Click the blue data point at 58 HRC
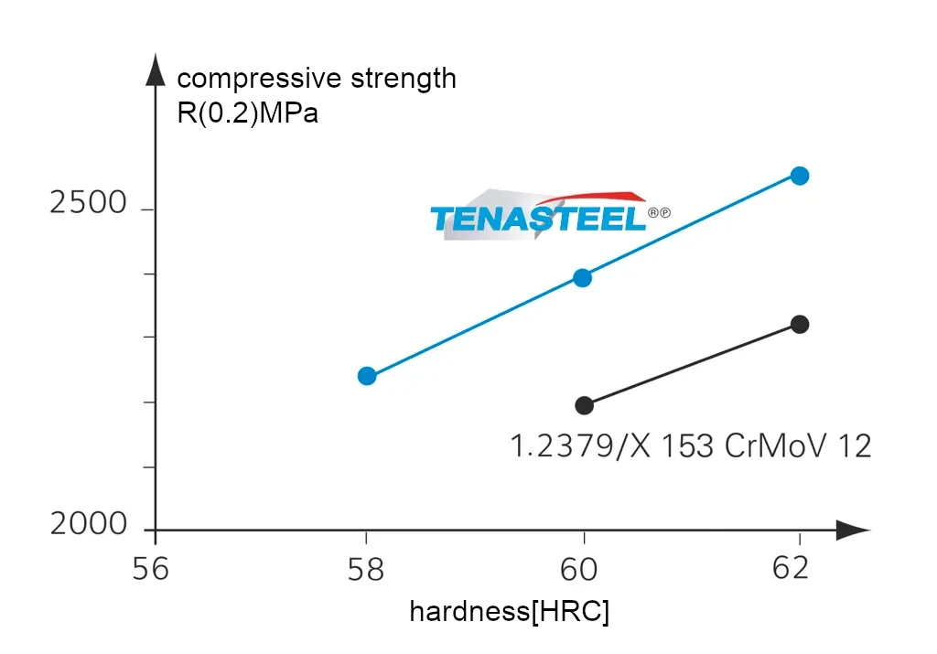coord(367,376)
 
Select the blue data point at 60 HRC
coord(583,277)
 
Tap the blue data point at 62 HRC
coord(800,176)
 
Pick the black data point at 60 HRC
coord(585,405)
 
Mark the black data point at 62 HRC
coord(800,324)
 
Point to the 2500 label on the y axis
coord(89,203)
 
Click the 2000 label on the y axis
coord(89,525)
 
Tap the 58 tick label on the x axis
coord(366,569)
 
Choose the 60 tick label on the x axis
coord(582,569)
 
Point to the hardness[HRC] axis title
coord(509,611)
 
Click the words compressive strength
coord(317,79)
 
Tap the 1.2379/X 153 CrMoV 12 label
coord(691,446)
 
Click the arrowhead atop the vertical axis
coord(156,69)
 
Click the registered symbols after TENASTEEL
coord(659,213)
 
